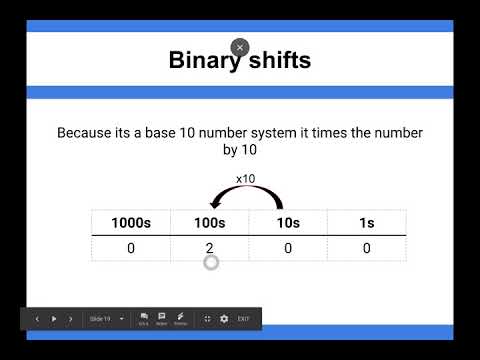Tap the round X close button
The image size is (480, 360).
point(239,47)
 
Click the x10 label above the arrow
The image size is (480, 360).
point(246,178)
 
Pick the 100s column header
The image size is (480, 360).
point(209,223)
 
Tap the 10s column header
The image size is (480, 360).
point(288,223)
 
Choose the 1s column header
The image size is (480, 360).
point(367,223)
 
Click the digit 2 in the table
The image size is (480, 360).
point(209,248)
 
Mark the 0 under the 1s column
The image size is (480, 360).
point(367,248)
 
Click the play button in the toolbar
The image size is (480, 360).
point(54,319)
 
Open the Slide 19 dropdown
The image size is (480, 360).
point(106,319)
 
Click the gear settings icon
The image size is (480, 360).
point(224,319)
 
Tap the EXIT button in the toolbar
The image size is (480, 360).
point(243,319)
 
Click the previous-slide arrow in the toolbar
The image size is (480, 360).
point(37,319)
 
